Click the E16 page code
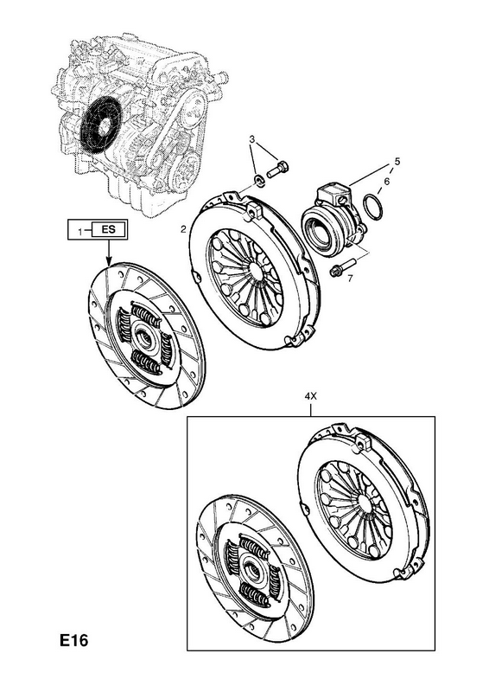click(x=74, y=640)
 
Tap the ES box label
click(x=108, y=229)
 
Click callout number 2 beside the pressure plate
click(x=183, y=229)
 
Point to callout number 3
click(x=251, y=139)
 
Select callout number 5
click(x=397, y=162)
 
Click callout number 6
click(x=387, y=182)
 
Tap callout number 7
click(x=350, y=279)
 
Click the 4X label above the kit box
click(x=311, y=396)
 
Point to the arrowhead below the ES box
click(x=109, y=262)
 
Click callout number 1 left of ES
click(x=79, y=230)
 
